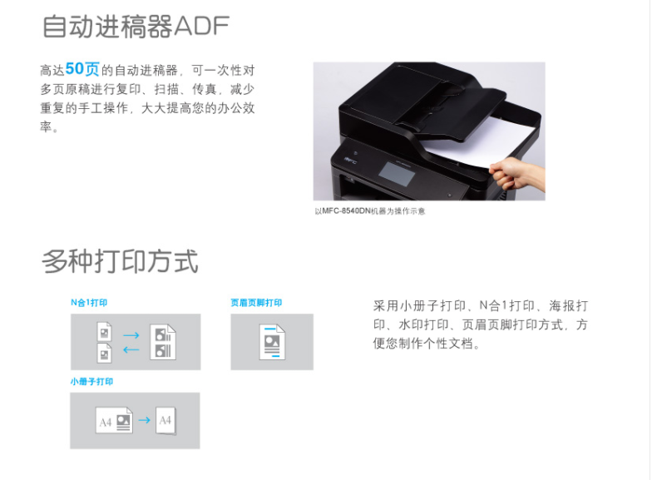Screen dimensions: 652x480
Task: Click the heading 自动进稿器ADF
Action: pos(136,27)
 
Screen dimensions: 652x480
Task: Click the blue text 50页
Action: pos(82,69)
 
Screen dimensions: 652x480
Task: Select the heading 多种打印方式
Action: pos(120,261)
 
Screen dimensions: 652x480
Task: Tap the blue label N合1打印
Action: pos(89,303)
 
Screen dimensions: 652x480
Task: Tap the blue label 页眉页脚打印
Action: pos(256,303)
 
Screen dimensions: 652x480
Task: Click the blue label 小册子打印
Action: pos(91,381)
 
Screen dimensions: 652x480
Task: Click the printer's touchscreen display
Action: pos(397,173)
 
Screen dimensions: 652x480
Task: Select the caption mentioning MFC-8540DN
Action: pos(369,211)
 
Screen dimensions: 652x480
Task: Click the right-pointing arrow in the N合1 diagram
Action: pos(131,335)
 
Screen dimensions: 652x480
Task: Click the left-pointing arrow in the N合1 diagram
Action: pos(131,349)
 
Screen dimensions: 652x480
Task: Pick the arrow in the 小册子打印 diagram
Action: pos(145,420)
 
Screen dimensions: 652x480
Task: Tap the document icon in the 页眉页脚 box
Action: pos(273,343)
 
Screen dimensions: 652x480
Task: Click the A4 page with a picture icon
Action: pos(114,421)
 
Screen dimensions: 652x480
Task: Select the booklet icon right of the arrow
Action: pos(166,421)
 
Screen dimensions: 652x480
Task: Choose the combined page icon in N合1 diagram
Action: pos(163,343)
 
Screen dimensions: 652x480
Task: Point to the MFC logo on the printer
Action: pos(349,160)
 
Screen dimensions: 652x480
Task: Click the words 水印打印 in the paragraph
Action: pos(423,324)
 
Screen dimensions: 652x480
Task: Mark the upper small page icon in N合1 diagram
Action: pos(105,331)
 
